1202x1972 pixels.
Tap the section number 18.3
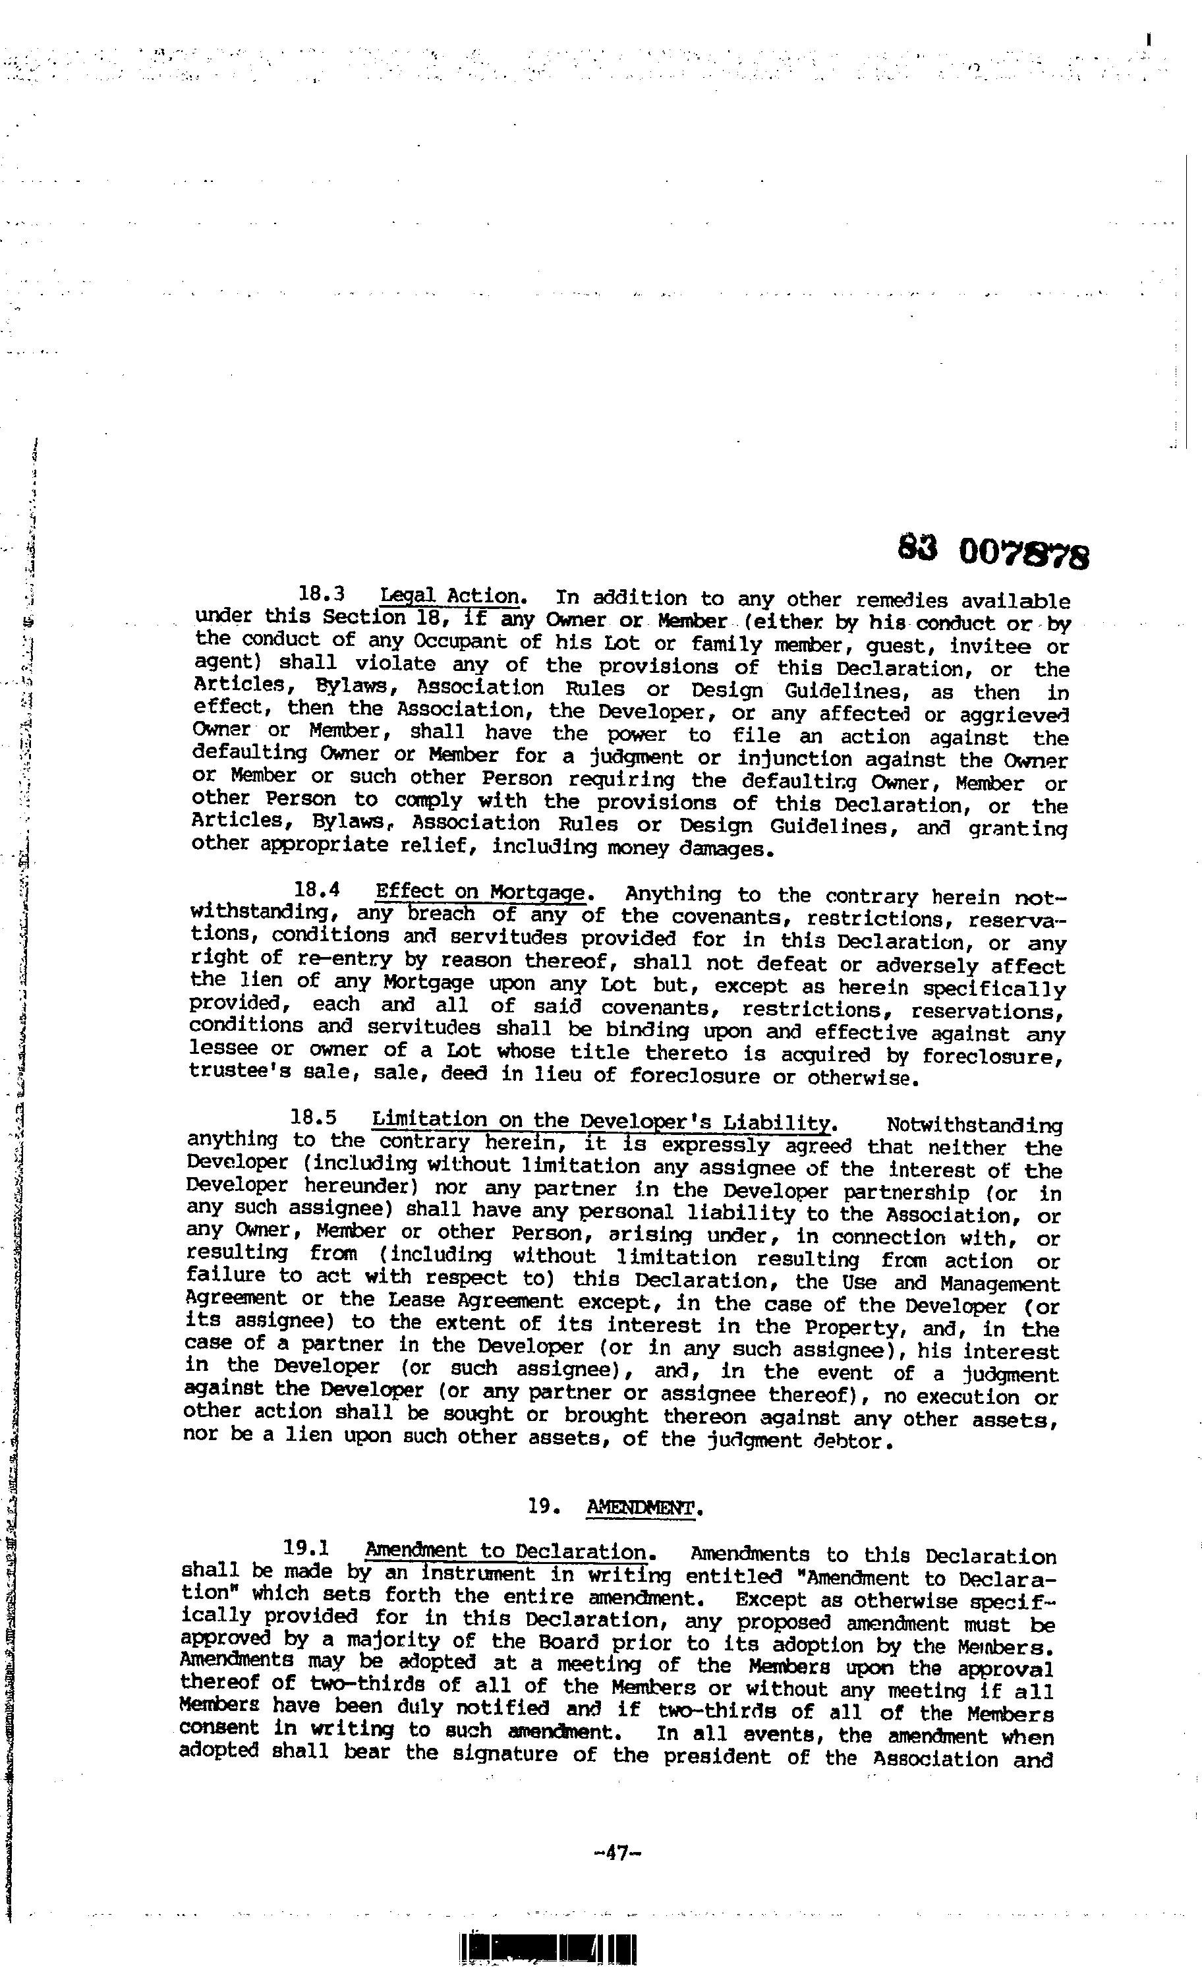(321, 594)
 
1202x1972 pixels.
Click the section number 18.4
(318, 889)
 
